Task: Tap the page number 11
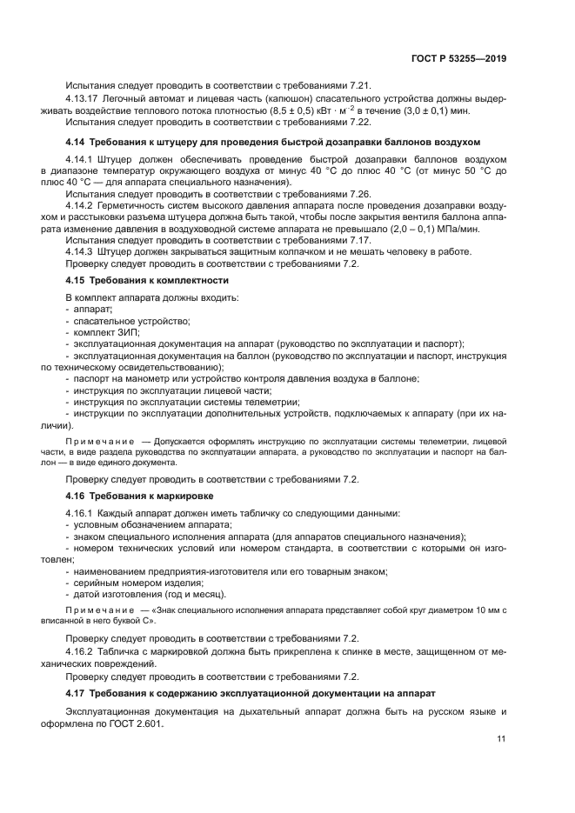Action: click(x=501, y=739)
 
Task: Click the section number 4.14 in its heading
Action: click(x=77, y=142)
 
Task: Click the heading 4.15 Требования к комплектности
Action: click(x=147, y=281)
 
